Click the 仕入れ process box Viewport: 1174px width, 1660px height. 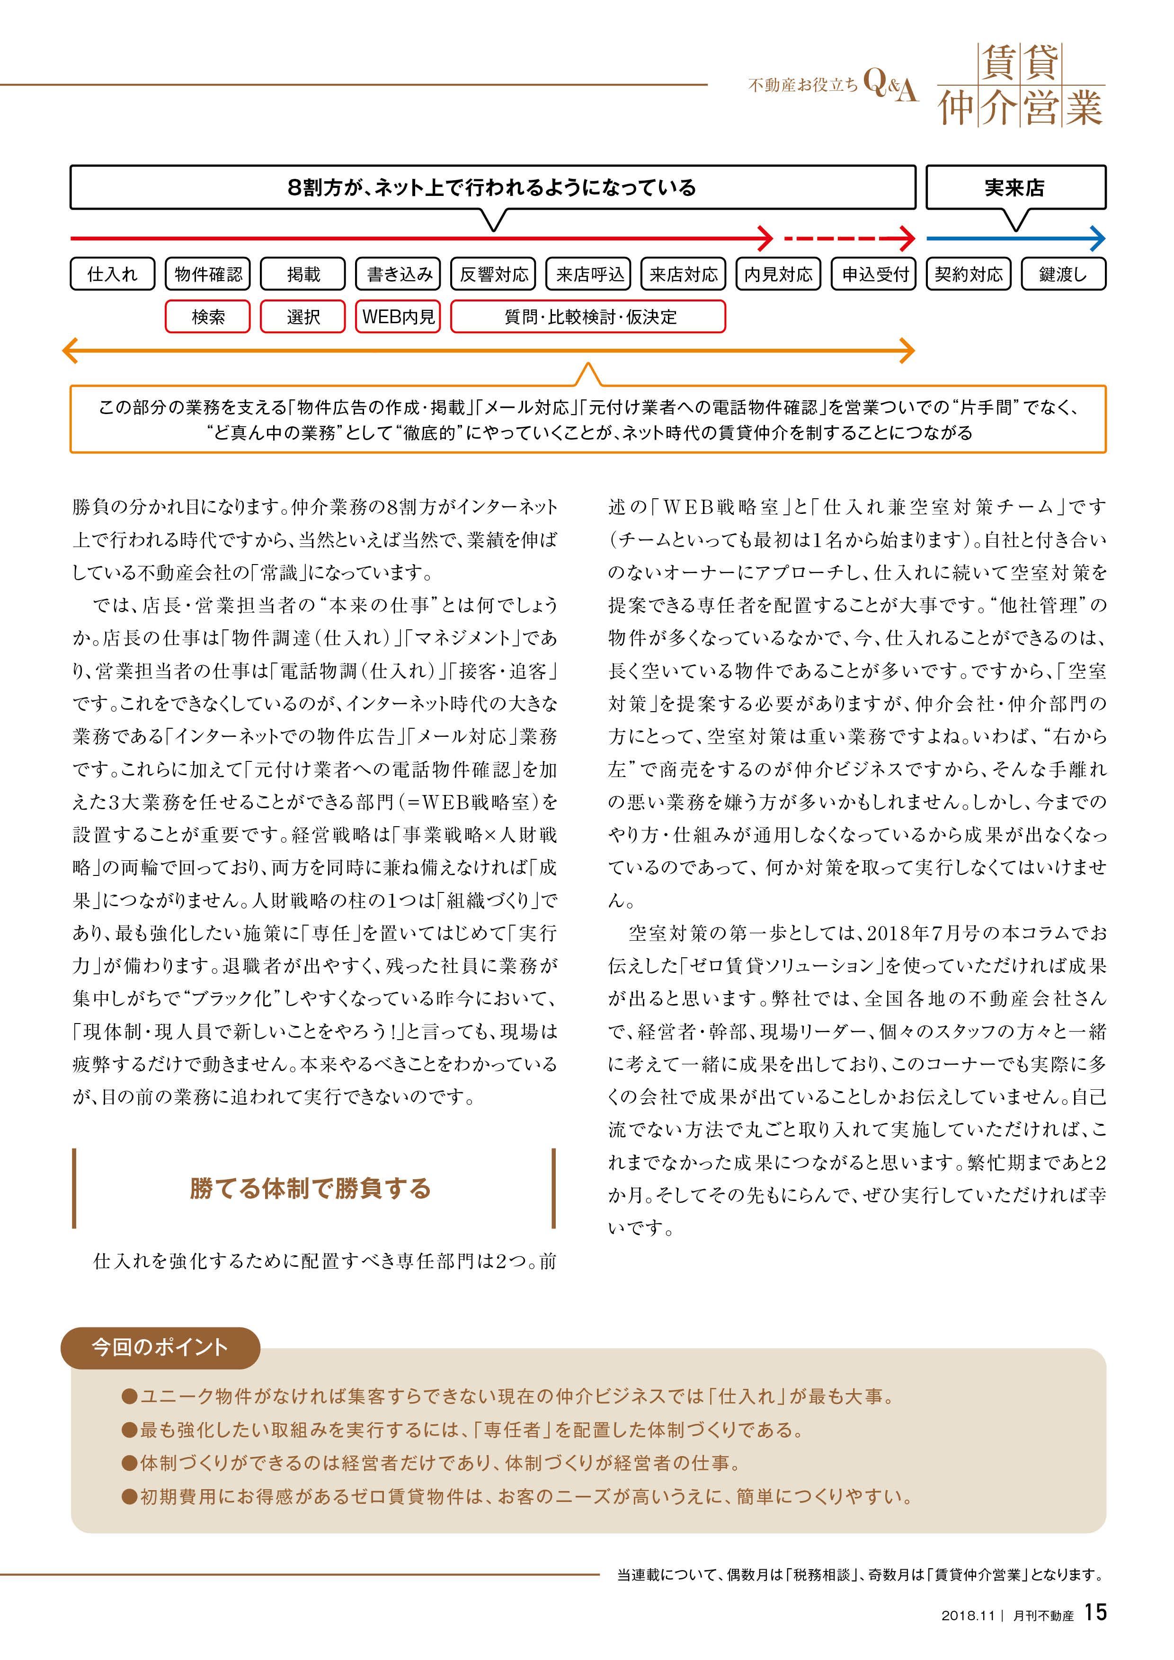point(112,274)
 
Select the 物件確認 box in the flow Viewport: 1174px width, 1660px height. point(208,274)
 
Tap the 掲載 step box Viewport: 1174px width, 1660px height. point(303,274)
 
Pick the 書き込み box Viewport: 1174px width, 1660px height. point(399,274)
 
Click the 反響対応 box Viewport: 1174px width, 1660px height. point(493,274)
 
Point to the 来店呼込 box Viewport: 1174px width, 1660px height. point(589,274)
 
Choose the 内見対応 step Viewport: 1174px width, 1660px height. point(778,274)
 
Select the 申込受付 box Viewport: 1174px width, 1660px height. point(874,274)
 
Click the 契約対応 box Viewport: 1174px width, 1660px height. point(969,274)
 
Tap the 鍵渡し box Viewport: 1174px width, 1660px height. point(1063,274)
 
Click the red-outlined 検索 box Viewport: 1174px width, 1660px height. point(208,317)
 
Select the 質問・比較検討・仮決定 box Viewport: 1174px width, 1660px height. point(588,317)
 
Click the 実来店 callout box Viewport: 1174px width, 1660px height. point(1015,187)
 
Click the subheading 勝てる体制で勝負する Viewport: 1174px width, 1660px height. point(311,1188)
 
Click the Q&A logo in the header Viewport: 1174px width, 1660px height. point(890,85)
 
